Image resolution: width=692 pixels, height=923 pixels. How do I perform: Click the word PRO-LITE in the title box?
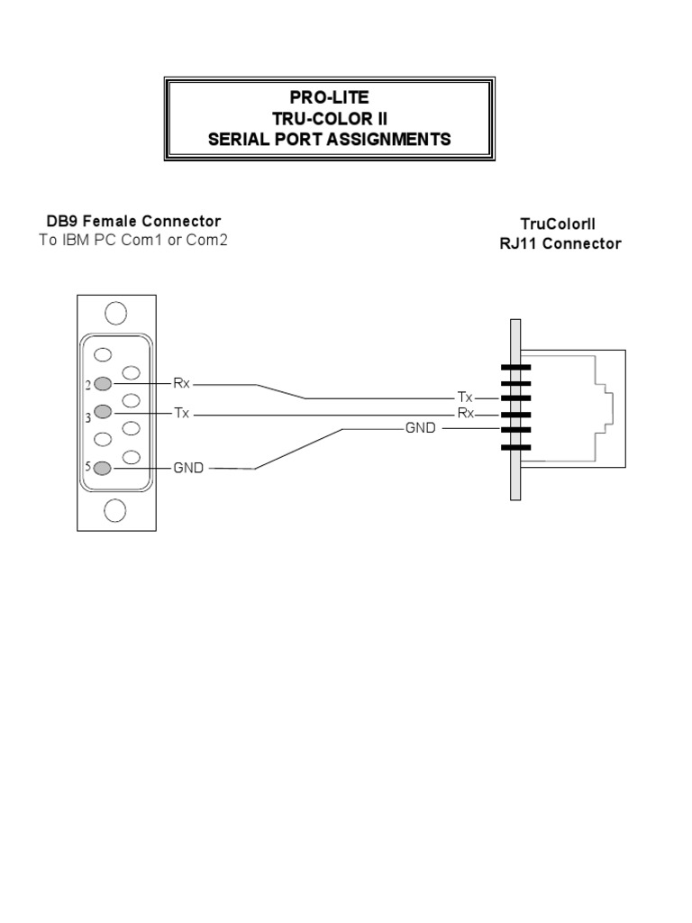(328, 97)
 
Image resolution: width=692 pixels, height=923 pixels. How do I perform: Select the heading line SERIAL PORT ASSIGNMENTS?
(328, 140)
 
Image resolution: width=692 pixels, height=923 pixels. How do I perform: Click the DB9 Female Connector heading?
(134, 221)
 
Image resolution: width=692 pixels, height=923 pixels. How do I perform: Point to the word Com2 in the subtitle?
(196, 240)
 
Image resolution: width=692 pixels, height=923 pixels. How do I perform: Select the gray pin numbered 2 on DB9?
(102, 384)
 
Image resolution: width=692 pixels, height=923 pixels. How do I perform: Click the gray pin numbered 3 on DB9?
(102, 412)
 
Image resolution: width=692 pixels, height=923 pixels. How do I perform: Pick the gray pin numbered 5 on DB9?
(102, 468)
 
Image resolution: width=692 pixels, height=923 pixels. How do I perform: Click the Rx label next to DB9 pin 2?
(181, 383)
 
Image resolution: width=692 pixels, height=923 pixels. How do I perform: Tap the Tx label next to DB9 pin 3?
(181, 412)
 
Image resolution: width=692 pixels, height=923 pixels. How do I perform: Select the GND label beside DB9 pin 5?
(188, 468)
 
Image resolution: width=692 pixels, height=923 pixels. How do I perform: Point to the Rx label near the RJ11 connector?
(465, 414)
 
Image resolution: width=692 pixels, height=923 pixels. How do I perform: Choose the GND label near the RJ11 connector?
(420, 428)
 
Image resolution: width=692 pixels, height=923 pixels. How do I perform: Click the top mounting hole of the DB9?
(115, 313)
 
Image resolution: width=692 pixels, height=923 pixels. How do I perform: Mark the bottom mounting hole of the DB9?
(115, 511)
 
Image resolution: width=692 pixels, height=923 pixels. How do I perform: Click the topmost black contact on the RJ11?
(515, 367)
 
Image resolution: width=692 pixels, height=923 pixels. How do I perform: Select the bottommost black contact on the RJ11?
(515, 447)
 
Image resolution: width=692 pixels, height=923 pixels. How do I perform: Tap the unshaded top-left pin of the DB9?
(102, 356)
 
